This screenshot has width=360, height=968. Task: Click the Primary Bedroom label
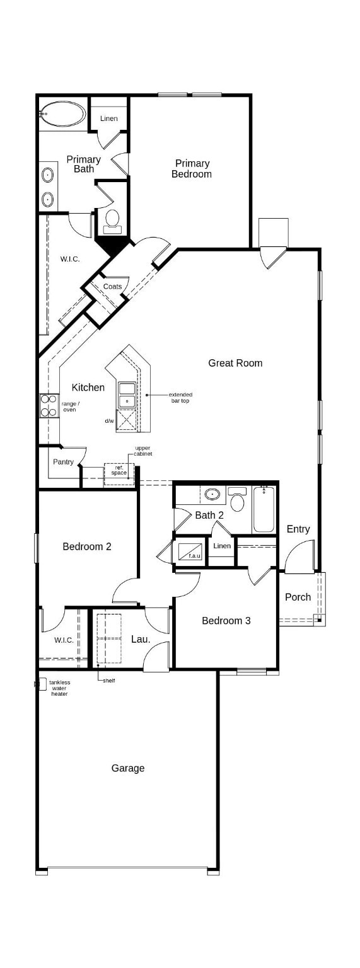click(x=192, y=169)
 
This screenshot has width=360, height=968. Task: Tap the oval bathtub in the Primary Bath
click(x=63, y=115)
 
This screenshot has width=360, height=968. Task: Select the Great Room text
click(x=235, y=363)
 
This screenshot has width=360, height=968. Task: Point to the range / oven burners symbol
click(x=49, y=405)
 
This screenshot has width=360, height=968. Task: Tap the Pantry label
click(x=63, y=462)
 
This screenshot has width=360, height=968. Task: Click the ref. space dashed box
click(x=119, y=471)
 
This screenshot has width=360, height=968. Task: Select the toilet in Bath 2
click(x=238, y=501)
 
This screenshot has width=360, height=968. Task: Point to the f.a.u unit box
click(x=189, y=551)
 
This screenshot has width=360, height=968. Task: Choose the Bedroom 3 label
click(x=226, y=621)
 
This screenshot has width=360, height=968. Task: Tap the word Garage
click(x=128, y=768)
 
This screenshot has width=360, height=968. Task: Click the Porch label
click(x=298, y=597)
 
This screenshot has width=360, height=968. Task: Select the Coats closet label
click(x=113, y=287)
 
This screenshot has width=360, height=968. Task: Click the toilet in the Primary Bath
click(x=112, y=220)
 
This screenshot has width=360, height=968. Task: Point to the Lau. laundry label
click(x=141, y=639)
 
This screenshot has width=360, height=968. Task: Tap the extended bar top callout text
click(x=180, y=398)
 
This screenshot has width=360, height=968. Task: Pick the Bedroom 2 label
click(x=87, y=546)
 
